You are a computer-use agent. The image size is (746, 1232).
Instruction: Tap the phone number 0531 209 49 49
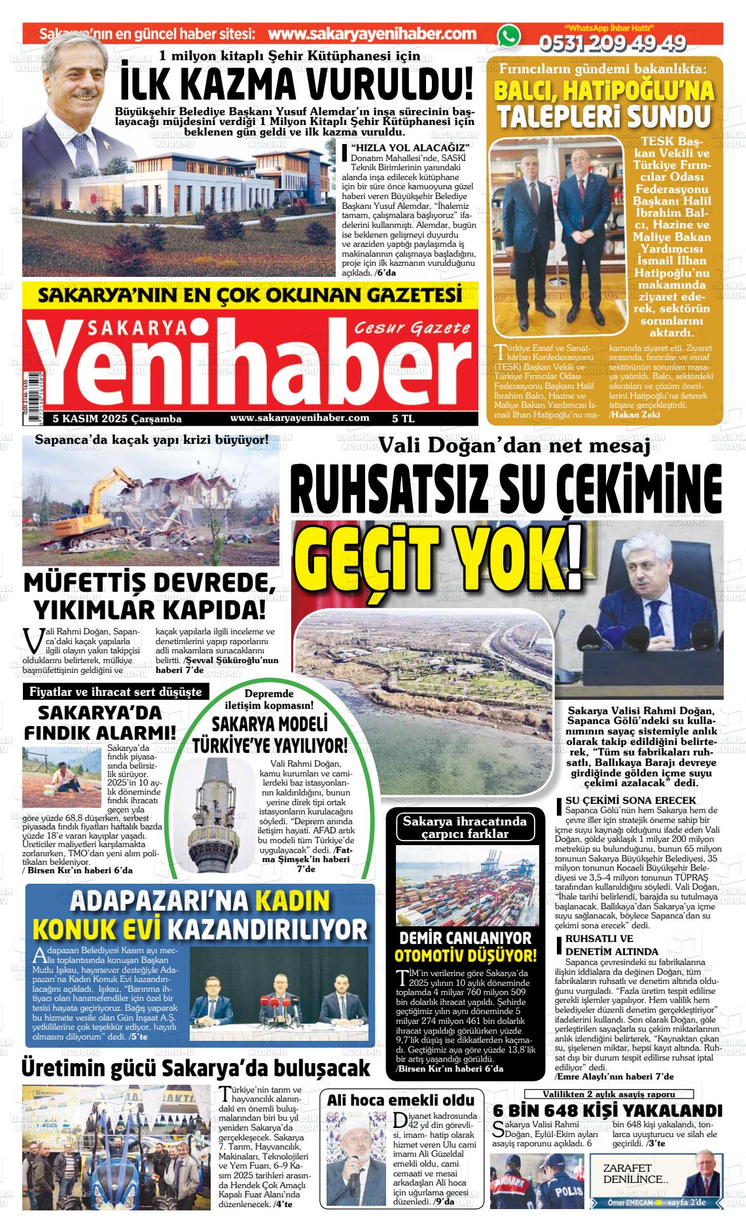[x=613, y=44]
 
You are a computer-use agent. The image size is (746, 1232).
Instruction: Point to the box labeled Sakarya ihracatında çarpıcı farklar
[x=465, y=827]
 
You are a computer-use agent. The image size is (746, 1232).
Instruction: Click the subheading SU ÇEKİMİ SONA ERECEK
[x=620, y=800]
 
